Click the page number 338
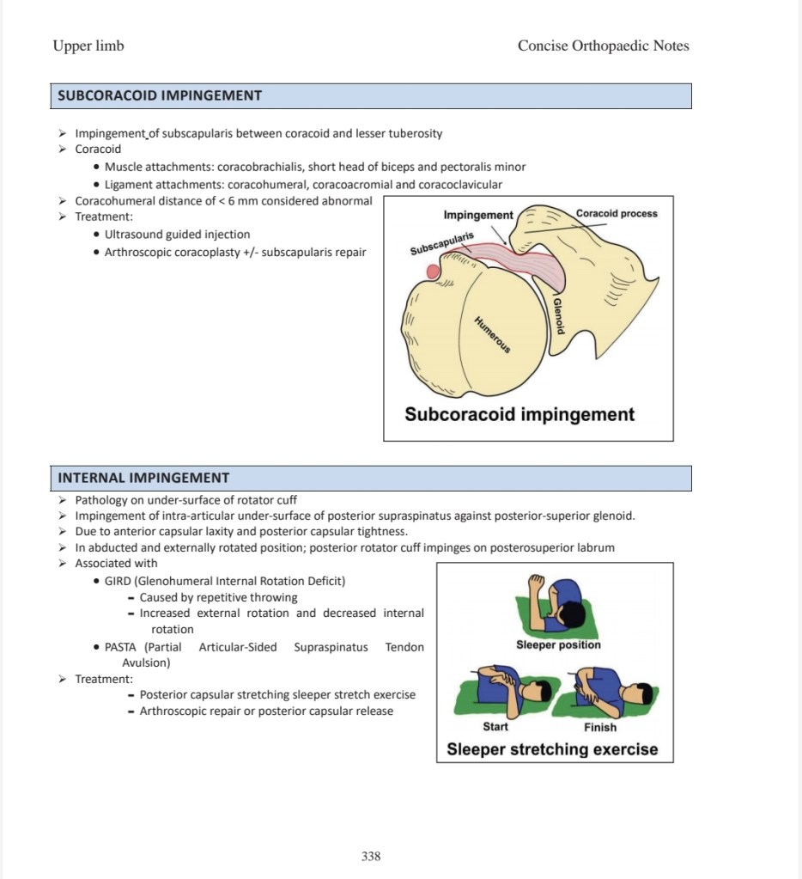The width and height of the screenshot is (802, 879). (x=371, y=856)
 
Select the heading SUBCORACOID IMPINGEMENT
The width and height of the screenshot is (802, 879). (x=160, y=95)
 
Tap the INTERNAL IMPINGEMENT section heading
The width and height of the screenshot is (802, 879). (x=143, y=478)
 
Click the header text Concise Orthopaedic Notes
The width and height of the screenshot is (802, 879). (x=603, y=46)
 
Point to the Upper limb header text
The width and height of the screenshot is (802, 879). (x=88, y=46)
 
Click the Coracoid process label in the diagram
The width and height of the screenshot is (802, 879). (x=617, y=213)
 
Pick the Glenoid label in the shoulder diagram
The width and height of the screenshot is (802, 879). (x=559, y=314)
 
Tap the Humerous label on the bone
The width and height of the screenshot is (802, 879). (x=493, y=334)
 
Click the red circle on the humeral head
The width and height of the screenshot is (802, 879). (x=434, y=272)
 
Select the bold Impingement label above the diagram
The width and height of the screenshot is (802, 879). (x=478, y=215)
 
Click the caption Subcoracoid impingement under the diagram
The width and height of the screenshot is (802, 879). (x=519, y=414)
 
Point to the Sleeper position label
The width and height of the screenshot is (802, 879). (x=558, y=644)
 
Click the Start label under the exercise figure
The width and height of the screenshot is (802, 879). (x=495, y=727)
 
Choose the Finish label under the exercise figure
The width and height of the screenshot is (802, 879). (x=600, y=727)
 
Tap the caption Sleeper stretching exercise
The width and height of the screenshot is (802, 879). (x=552, y=749)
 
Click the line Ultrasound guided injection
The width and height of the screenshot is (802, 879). (x=178, y=234)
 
